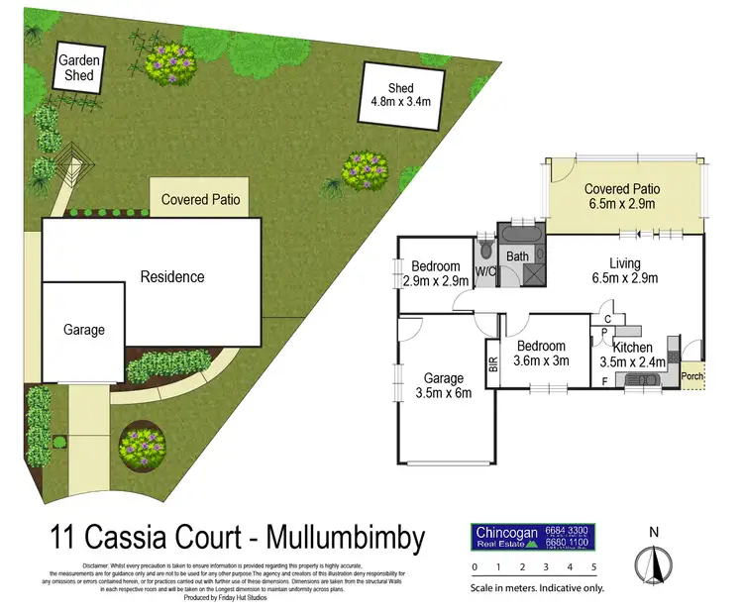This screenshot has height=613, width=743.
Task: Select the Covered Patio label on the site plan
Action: [x=200, y=199]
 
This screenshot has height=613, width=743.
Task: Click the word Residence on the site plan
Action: [x=171, y=276]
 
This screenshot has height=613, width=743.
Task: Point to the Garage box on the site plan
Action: [x=83, y=330]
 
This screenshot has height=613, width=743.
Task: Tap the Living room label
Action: [x=624, y=263]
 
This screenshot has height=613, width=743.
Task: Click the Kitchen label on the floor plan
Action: [x=631, y=348]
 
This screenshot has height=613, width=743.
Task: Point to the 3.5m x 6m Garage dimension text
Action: [x=443, y=393]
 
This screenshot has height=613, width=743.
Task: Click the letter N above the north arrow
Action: [x=653, y=533]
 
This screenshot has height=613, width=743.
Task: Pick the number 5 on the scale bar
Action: [x=593, y=567]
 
